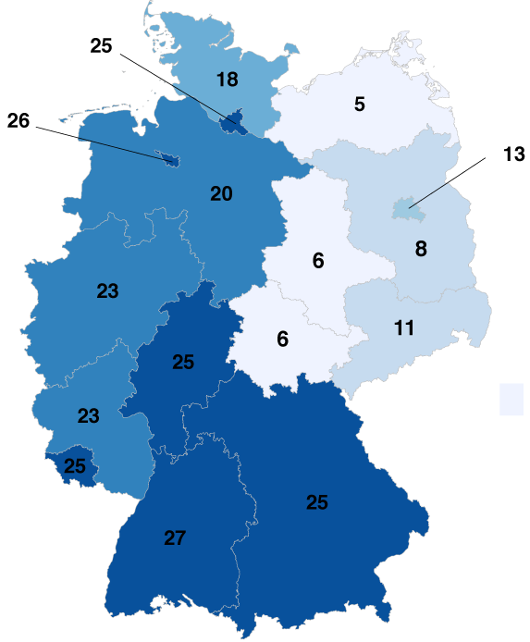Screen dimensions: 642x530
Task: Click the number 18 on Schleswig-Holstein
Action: click(227, 79)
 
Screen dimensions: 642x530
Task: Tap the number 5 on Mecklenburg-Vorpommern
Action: click(360, 104)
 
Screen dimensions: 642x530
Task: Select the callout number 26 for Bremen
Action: click(18, 120)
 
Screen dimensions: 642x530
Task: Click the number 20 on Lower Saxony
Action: click(221, 194)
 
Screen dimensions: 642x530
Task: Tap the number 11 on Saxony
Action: click(403, 327)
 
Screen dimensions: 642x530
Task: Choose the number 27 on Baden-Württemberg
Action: click(175, 537)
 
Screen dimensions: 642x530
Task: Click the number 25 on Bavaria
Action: click(317, 502)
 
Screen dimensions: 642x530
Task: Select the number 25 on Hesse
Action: click(183, 362)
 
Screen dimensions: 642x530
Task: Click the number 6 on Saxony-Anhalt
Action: click(318, 261)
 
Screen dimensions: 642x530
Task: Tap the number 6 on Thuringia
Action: click(283, 339)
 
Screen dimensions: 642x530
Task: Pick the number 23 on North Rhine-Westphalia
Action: click(107, 290)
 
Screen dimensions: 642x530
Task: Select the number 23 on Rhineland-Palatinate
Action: click(88, 415)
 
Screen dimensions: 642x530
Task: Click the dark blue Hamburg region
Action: click(233, 119)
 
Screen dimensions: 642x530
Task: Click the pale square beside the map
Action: click(512, 399)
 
